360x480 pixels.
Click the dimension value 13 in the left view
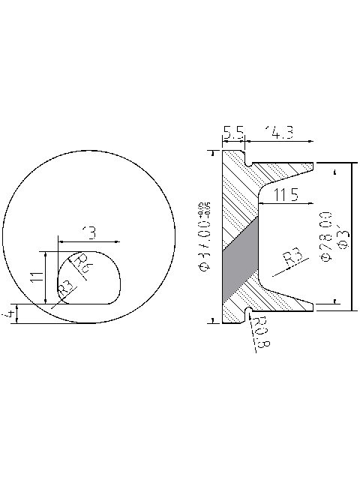89,233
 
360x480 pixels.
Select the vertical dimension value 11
35,277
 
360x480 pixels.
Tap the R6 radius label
84,263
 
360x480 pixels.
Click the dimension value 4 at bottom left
8,313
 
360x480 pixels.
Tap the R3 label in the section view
292,259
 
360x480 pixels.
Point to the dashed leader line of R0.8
253,334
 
